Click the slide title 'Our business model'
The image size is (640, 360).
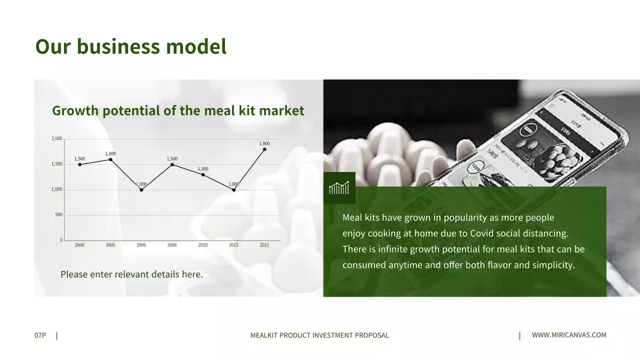(130, 46)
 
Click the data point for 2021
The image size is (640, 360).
(264, 149)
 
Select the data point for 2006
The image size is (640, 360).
(141, 190)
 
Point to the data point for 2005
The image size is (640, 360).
(110, 159)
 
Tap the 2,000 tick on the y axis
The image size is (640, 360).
(57, 138)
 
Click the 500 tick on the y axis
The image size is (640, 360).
(59, 215)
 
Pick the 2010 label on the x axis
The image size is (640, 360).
(203, 245)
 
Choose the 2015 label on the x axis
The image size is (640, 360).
(233, 245)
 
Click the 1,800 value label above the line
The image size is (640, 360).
(264, 144)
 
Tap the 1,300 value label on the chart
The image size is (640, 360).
(203, 169)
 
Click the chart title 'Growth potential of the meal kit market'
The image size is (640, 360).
(178, 110)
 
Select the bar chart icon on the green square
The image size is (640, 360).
(339, 188)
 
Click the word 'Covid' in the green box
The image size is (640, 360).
(481, 233)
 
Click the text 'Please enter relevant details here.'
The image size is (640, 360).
(131, 274)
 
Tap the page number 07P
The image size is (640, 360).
(40, 335)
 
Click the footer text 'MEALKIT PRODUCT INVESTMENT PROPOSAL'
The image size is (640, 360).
(319, 335)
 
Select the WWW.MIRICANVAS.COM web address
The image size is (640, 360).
(569, 335)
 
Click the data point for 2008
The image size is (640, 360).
(172, 164)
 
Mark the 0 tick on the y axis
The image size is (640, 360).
(61, 240)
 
